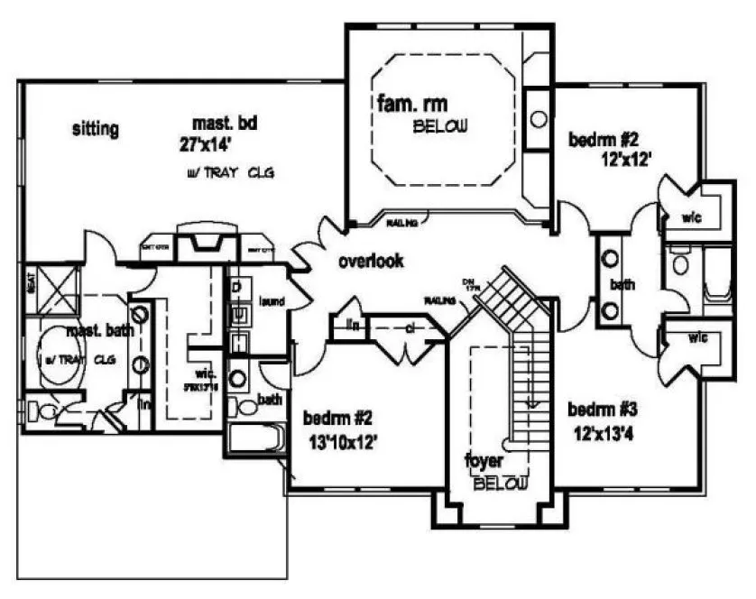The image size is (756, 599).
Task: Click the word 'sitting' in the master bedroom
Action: [95, 129]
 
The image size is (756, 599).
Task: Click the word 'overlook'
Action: [370, 262]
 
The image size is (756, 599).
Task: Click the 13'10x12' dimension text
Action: [340, 441]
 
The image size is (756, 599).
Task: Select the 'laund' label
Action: [272, 299]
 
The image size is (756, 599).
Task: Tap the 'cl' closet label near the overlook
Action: [409, 329]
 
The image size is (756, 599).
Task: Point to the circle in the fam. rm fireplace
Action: [538, 118]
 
